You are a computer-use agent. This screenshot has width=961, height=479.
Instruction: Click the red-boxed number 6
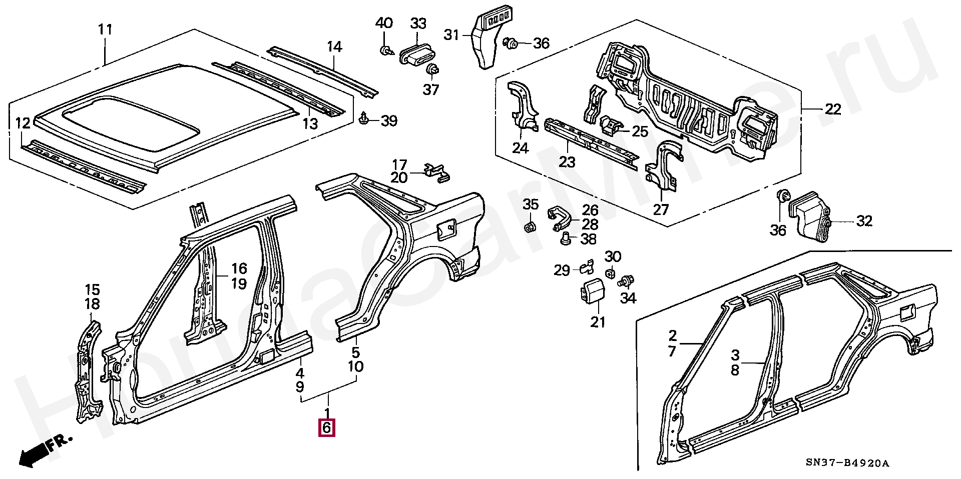(326, 428)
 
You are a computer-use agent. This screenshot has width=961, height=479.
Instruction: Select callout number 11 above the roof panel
(105, 29)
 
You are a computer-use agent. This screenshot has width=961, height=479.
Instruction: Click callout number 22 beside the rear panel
(833, 109)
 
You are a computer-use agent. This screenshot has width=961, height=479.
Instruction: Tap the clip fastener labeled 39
(364, 119)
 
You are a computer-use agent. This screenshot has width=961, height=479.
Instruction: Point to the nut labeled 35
(530, 227)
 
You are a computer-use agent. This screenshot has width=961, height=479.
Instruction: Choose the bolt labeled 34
(626, 281)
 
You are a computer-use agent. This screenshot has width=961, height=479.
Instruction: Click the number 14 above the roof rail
(335, 47)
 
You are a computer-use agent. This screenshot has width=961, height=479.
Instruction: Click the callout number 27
(661, 209)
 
